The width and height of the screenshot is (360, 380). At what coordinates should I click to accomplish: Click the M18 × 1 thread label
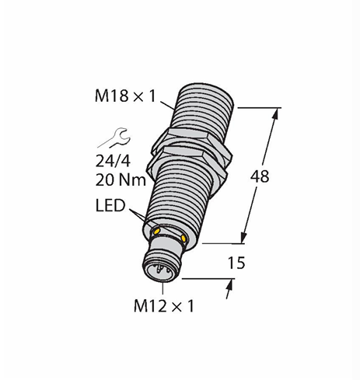[125, 96]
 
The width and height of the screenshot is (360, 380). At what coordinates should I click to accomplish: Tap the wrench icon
[115, 138]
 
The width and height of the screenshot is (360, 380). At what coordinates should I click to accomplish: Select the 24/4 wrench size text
[113, 162]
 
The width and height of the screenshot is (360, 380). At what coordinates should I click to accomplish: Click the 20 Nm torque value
[121, 180]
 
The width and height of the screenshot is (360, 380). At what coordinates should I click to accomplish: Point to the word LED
[110, 206]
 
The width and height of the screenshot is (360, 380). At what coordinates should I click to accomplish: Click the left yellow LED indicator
[157, 231]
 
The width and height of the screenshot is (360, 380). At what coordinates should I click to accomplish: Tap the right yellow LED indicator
[183, 239]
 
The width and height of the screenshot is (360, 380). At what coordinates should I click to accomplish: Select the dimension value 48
[260, 176]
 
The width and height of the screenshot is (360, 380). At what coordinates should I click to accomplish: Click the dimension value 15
[236, 263]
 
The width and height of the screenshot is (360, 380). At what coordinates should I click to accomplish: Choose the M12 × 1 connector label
[164, 306]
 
